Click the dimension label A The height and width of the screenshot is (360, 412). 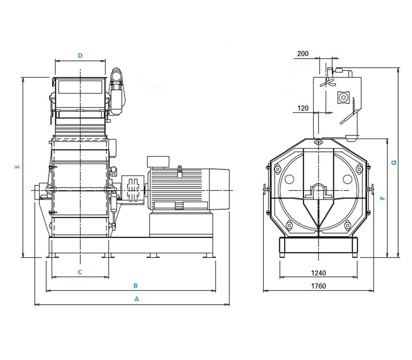tap(136, 299)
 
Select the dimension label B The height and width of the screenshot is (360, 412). tap(136, 286)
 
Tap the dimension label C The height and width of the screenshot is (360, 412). tap(80, 272)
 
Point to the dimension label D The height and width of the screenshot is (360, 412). tap(80, 56)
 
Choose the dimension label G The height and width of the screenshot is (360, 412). tap(394, 163)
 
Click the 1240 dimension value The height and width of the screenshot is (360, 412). tap(318, 273)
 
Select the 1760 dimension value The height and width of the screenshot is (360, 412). tap(318, 286)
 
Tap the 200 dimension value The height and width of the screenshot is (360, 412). tap(303, 53)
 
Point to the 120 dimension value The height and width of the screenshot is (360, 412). tap(303, 108)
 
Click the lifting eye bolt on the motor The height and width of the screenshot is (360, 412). tap(180, 171)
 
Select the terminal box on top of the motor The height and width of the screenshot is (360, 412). tap(158, 162)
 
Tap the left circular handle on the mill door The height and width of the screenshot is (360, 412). tap(50, 189)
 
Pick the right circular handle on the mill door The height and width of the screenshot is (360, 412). tap(109, 189)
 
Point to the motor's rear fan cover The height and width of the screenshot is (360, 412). tap(219, 189)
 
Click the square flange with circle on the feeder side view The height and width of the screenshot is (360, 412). tap(344, 97)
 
